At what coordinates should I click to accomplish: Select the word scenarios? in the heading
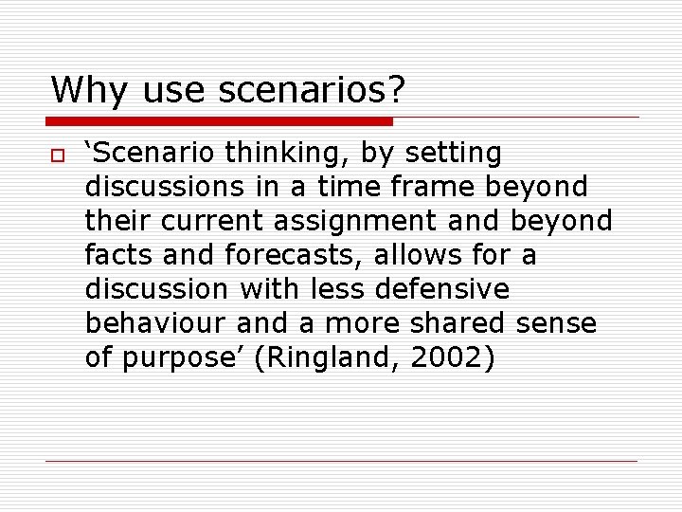[x=312, y=91]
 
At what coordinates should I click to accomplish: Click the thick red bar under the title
[x=219, y=121]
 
